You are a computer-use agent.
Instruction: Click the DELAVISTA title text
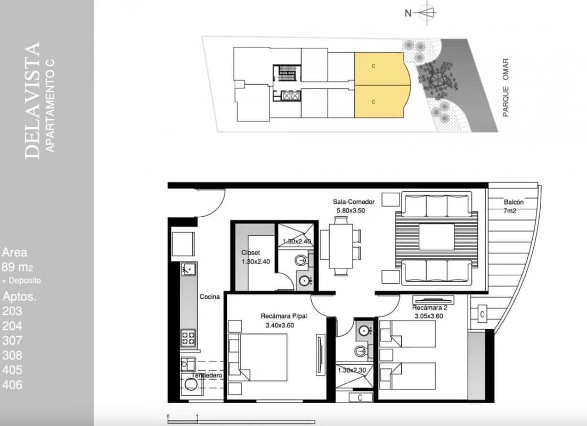click(32, 101)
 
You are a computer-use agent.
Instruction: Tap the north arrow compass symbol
click(426, 12)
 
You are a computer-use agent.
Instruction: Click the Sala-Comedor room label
click(354, 202)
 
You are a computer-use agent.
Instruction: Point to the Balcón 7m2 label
click(514, 207)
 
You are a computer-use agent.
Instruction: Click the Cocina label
click(210, 297)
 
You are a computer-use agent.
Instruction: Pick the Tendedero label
click(207, 375)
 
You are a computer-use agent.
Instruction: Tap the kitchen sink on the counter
click(187, 270)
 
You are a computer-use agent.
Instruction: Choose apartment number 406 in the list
click(12, 384)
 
